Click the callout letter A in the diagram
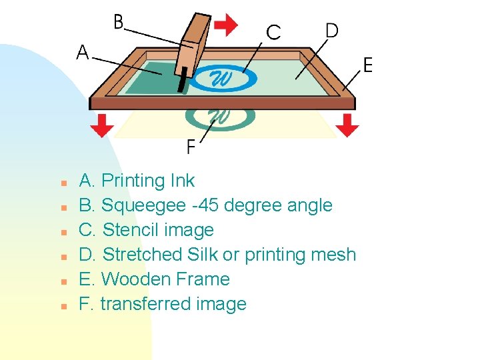82,52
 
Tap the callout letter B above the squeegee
119,22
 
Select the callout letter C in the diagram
273,32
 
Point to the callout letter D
331,30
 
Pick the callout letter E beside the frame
367,65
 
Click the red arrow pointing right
226,25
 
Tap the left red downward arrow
101,125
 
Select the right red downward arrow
347,125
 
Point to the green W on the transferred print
220,117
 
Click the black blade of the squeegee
181,82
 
